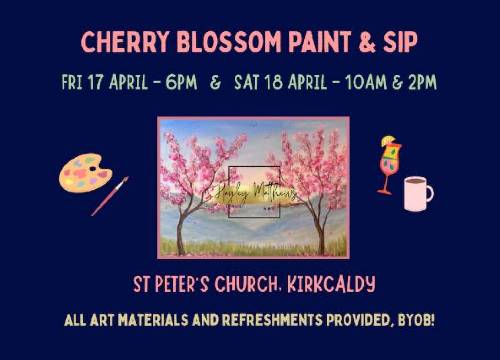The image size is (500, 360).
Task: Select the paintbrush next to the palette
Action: (110, 196)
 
